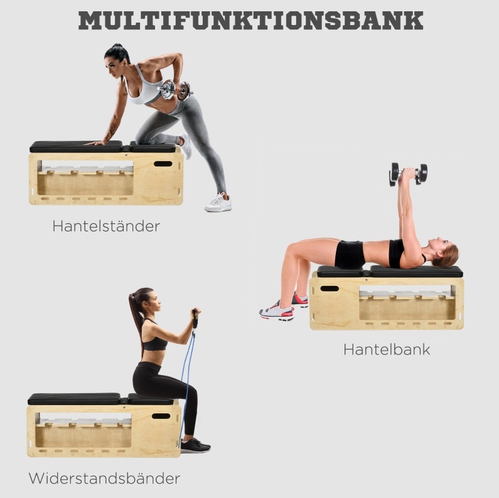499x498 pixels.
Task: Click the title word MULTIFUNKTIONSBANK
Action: [x=251, y=21]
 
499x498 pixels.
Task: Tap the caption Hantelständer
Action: [x=106, y=226]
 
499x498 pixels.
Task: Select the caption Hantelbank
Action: [x=387, y=349]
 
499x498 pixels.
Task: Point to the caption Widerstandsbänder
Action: [x=104, y=478]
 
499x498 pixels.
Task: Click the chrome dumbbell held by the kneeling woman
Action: [x=175, y=90]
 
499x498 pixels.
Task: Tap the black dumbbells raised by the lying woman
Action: [x=408, y=174]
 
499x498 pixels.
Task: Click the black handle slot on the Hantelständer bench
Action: [x=163, y=164]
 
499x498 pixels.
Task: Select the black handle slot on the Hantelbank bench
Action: [x=330, y=289]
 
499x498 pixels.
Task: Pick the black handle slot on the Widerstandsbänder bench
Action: [x=161, y=416]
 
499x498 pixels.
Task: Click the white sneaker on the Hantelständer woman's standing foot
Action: [x=218, y=203]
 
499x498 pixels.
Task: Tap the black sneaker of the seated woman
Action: [x=195, y=445]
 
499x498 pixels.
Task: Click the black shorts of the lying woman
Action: [x=350, y=255]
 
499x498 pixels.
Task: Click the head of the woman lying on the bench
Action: [x=444, y=252]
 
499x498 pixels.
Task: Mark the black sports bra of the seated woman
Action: [x=154, y=341]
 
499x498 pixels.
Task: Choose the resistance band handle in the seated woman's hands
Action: [x=195, y=320]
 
